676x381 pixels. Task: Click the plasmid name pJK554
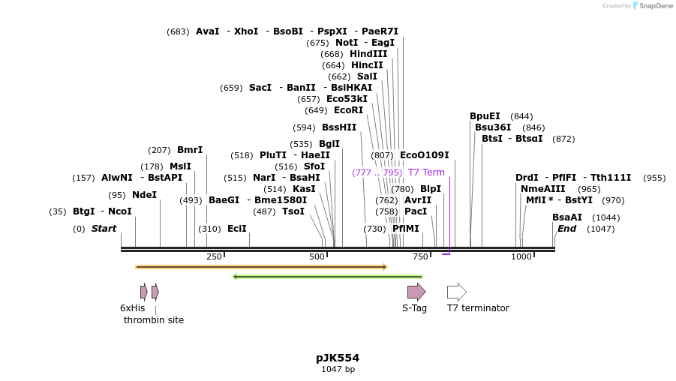pos(338,358)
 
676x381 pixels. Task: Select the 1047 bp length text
pos(338,369)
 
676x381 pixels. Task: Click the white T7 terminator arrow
pos(456,292)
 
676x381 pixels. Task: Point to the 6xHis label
pos(132,307)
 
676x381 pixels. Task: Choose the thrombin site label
pos(154,319)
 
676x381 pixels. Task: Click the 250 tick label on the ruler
pos(214,256)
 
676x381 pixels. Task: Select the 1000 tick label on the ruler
pos(521,256)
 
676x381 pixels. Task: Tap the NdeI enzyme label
pos(144,195)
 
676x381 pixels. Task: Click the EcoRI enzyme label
pos(348,110)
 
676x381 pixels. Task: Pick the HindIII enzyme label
pos(368,54)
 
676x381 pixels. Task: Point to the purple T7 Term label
pos(426,172)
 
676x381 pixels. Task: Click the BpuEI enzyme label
pos(485,116)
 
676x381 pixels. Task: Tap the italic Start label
pos(104,229)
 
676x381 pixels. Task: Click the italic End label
pos(566,229)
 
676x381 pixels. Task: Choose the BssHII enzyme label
pos(339,127)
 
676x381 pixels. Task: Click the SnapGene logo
pos(652,6)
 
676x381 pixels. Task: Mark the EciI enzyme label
pos(237,229)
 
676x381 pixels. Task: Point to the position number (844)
pos(521,116)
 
